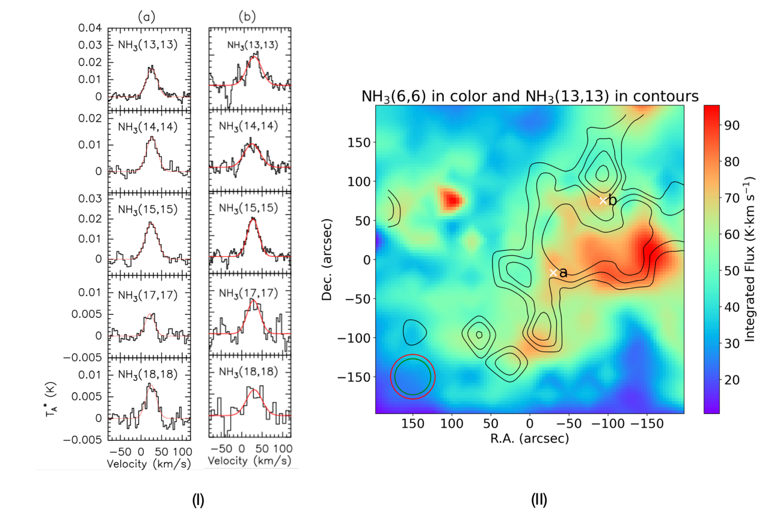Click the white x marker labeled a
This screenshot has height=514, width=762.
[553, 273]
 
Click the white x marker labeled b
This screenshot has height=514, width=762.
[603, 200]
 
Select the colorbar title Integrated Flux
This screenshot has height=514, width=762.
[751, 259]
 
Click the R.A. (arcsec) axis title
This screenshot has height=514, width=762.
[529, 438]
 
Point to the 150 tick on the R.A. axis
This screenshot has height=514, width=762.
[413, 423]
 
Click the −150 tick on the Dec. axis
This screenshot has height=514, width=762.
[354, 377]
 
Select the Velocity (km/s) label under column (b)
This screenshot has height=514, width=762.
[250, 461]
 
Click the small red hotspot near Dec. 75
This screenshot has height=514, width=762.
[451, 199]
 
